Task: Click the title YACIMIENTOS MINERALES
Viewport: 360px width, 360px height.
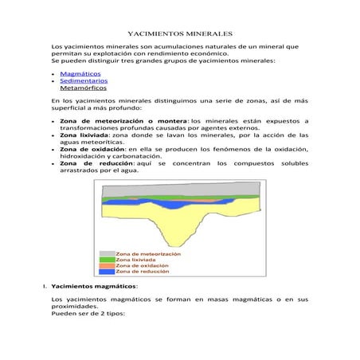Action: click(x=180, y=35)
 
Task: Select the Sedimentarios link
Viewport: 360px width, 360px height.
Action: click(x=84, y=80)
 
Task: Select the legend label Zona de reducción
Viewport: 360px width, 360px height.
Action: click(x=143, y=272)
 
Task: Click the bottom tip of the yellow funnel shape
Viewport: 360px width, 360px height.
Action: click(x=189, y=239)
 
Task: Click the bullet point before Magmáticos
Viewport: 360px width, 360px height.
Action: click(x=53, y=73)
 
